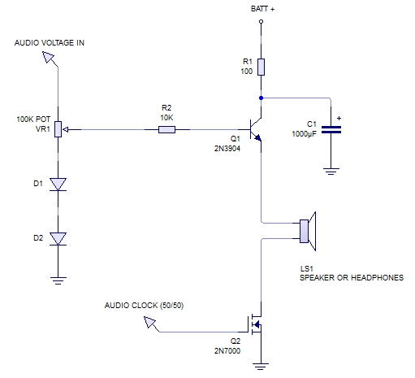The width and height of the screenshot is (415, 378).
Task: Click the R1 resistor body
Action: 261,67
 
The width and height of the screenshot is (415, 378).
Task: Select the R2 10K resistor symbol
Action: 166,130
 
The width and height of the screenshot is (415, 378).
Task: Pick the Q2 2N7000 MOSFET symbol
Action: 255,324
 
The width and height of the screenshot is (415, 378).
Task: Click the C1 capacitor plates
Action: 331,130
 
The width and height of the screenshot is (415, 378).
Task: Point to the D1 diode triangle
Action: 58,185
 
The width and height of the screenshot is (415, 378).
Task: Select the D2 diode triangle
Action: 58,239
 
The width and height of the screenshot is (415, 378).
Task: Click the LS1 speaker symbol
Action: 308,231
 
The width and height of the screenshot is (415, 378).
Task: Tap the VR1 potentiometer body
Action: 58,129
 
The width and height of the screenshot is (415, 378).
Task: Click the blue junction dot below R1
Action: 261,98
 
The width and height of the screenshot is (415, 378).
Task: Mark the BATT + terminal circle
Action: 261,21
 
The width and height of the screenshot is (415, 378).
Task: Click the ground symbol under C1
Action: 331,172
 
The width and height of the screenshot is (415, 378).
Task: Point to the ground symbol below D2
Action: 58,280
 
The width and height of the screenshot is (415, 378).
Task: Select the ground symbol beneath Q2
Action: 261,367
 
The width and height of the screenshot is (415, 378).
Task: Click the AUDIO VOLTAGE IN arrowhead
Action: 49,57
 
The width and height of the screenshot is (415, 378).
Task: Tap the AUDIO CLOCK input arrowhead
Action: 149,322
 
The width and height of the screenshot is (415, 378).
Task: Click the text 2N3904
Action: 227,149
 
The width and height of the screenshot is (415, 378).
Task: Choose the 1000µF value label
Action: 304,134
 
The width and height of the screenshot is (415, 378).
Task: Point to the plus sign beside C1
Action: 339,118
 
